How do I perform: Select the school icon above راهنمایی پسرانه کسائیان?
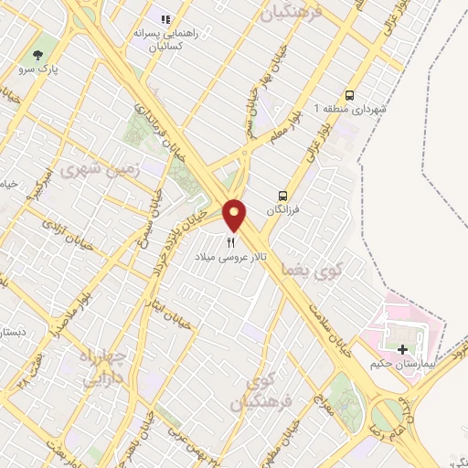coord(165,19)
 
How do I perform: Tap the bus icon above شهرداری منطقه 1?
coord(349,95)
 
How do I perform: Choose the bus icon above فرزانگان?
coord(282,195)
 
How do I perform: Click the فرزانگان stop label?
coord(282,210)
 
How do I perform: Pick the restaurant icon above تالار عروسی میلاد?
coord(230,243)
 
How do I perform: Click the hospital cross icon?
coord(402,349)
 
